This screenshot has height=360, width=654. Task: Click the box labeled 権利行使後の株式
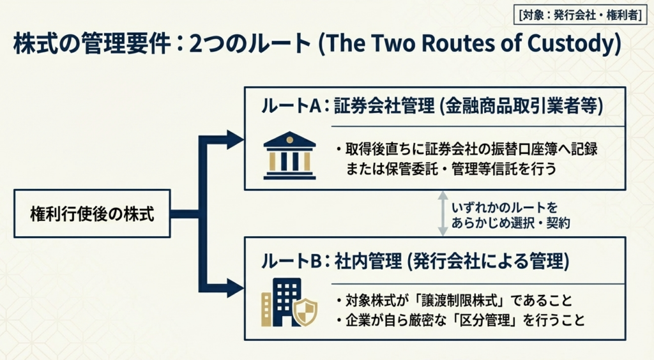point(92,214)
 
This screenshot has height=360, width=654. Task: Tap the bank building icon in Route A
point(289,156)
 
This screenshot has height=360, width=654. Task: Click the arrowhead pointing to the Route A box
point(235,139)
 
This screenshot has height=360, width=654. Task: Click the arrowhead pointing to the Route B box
point(235,288)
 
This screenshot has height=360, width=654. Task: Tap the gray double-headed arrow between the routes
point(441,214)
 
